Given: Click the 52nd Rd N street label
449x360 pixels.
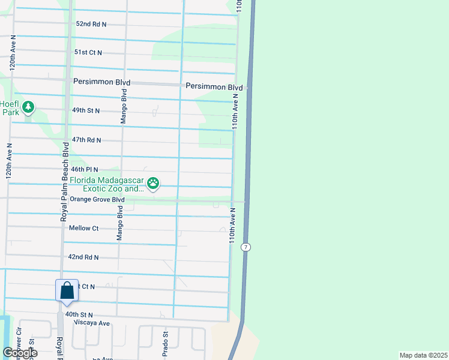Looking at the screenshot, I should pyautogui.click(x=91, y=24).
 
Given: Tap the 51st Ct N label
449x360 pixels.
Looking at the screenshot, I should pyautogui.click(x=88, y=53).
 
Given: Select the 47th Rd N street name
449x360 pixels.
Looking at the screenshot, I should pyautogui.click(x=86, y=140).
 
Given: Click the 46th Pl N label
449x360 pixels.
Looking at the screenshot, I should pyautogui.click(x=85, y=170).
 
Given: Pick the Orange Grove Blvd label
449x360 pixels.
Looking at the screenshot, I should pyautogui.click(x=97, y=199).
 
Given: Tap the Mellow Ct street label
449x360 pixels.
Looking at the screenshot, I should pyautogui.click(x=83, y=228).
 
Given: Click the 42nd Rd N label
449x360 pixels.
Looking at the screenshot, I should pyautogui.click(x=83, y=257).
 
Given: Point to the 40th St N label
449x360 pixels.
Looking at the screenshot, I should pyautogui.click(x=79, y=314).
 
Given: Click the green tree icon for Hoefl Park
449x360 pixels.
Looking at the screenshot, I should pyautogui.click(x=28, y=107).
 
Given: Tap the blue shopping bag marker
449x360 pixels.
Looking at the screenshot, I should pyautogui.click(x=67, y=290).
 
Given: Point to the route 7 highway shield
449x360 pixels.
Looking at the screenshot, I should pyautogui.click(x=246, y=247).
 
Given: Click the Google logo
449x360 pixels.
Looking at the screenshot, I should pyautogui.click(x=19, y=353).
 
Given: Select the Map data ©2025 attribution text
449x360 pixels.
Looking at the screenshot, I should pyautogui.click(x=423, y=355).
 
